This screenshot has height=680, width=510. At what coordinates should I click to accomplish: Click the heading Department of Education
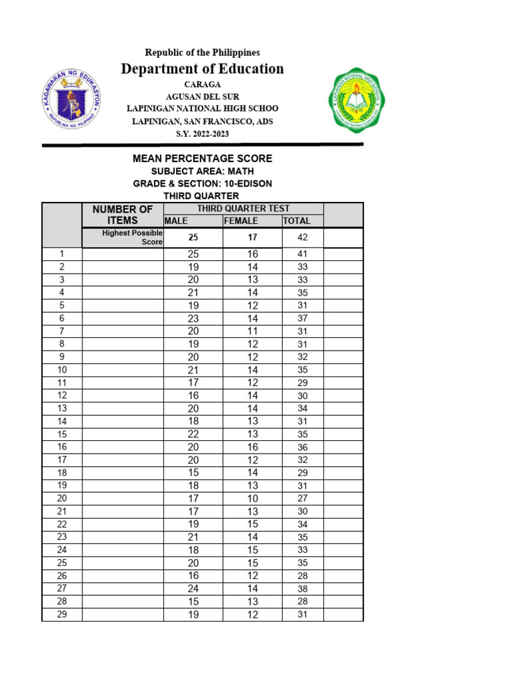tap(203, 69)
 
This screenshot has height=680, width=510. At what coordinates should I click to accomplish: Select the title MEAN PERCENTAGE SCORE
tap(203, 159)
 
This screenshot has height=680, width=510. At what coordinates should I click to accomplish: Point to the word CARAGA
tap(203, 85)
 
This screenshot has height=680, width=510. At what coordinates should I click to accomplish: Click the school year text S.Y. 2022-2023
tap(203, 134)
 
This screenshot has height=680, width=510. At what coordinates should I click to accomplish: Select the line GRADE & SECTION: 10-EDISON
tap(203, 183)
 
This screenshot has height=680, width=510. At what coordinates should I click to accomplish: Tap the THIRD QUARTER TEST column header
tap(243, 209)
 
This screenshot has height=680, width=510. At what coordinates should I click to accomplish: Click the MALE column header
tap(177, 221)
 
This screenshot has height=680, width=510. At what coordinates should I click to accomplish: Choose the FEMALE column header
tap(241, 221)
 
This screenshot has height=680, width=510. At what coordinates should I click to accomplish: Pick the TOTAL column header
tap(297, 221)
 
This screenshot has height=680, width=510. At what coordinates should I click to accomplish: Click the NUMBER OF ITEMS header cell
tap(123, 214)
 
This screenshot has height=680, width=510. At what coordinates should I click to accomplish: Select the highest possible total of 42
tap(302, 238)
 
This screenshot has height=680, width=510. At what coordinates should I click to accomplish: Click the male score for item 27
tap(193, 589)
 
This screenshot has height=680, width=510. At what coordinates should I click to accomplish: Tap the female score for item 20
tap(252, 499)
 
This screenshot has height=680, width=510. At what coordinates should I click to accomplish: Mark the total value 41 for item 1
tap(302, 254)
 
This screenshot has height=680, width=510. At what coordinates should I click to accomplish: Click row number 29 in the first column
tap(62, 614)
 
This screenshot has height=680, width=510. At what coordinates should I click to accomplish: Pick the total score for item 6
tap(302, 319)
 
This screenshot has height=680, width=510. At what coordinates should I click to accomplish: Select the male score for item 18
tap(193, 473)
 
